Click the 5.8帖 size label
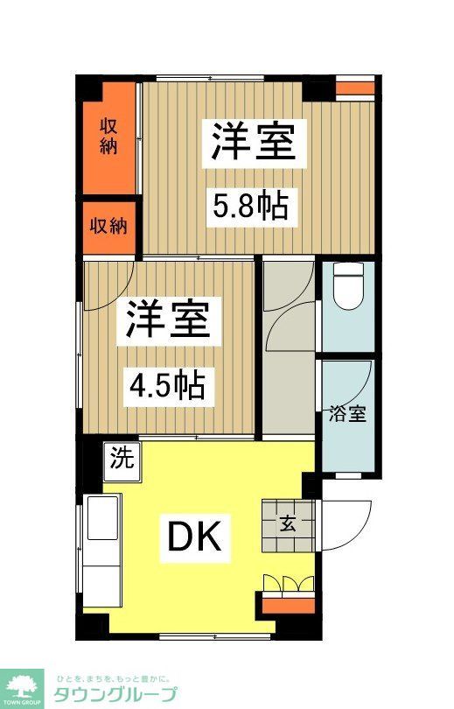pyautogui.click(x=251, y=207)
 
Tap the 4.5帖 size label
pyautogui.click(x=168, y=385)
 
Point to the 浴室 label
pyautogui.click(x=347, y=414)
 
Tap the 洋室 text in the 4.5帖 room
pyautogui.click(x=167, y=321)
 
